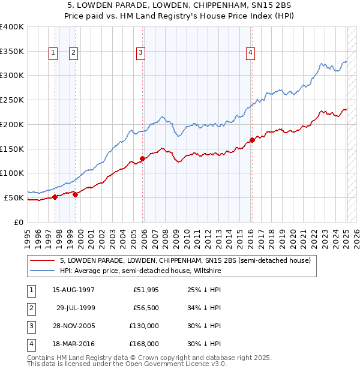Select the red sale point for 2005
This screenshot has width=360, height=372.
coord(143,158)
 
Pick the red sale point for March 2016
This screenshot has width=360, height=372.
coord(252,140)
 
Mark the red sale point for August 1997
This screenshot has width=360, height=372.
coord(55,196)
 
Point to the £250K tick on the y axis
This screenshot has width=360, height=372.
coord(13,100)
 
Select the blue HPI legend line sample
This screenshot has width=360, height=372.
coord(43,271)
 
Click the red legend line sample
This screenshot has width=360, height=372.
coord(43,260)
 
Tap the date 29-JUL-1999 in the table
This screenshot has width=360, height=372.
coord(76,308)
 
